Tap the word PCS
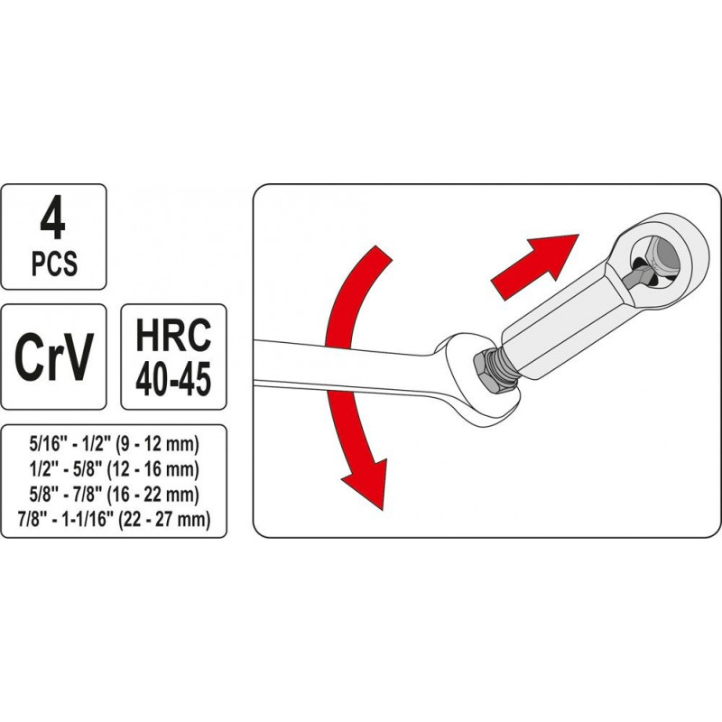[x=54, y=264]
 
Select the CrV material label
[x=54, y=356]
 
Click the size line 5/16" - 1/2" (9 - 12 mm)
[x=114, y=445]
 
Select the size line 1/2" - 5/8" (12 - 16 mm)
[x=114, y=469]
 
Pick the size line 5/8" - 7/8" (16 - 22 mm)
[x=114, y=495]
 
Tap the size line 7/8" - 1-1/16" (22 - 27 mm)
[x=114, y=520]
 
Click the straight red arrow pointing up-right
[x=535, y=265]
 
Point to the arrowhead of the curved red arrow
[x=366, y=484]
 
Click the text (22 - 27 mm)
[x=164, y=520]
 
